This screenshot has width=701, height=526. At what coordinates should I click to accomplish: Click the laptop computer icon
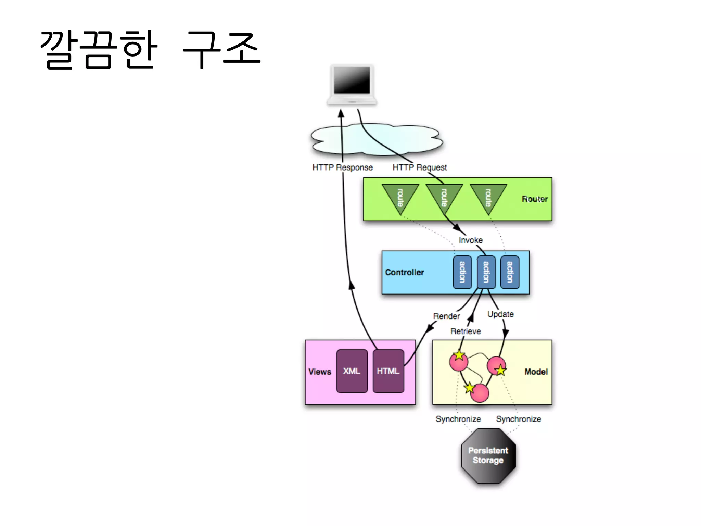click(x=352, y=84)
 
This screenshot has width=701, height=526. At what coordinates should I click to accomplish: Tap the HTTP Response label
click(x=342, y=167)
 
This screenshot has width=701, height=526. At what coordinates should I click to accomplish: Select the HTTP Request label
click(x=419, y=167)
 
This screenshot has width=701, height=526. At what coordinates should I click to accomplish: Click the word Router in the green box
click(x=534, y=199)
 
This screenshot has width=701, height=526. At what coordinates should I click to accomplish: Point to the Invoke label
click(x=471, y=240)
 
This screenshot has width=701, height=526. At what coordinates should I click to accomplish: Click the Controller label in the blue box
click(x=405, y=272)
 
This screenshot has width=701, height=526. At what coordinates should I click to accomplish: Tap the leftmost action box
click(x=462, y=272)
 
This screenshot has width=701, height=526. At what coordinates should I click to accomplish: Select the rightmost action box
click(x=510, y=272)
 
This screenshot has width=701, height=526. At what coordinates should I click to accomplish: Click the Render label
click(x=446, y=316)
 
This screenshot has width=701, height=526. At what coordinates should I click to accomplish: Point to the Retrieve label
click(x=466, y=331)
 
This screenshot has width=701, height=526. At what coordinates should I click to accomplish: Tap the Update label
click(x=500, y=314)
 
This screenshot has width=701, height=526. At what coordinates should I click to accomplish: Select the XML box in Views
click(x=352, y=371)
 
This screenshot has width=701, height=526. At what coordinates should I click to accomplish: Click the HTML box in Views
click(x=388, y=371)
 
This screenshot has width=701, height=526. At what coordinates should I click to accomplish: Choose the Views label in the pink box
click(x=320, y=372)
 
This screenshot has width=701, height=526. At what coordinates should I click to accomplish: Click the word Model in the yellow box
click(x=536, y=372)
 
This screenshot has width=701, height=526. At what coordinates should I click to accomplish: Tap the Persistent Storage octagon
click(x=488, y=456)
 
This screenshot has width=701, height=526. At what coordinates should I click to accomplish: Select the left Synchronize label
click(x=458, y=419)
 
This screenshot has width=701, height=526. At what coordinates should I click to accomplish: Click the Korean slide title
click(x=151, y=50)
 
